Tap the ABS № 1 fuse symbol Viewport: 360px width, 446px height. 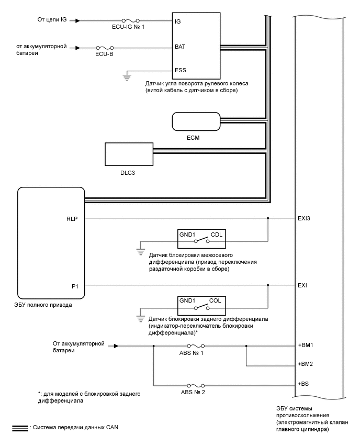tap(195, 345)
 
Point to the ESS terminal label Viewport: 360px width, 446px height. tap(180, 70)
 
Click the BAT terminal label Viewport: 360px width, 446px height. tap(180, 47)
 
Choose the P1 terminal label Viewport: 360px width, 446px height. tap(75, 285)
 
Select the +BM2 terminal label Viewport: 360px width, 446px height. tap(306, 364)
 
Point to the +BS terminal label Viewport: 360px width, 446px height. tap(303, 385)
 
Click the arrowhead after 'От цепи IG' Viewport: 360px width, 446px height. tap(77, 21)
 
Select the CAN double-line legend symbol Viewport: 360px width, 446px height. tap(20, 428)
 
